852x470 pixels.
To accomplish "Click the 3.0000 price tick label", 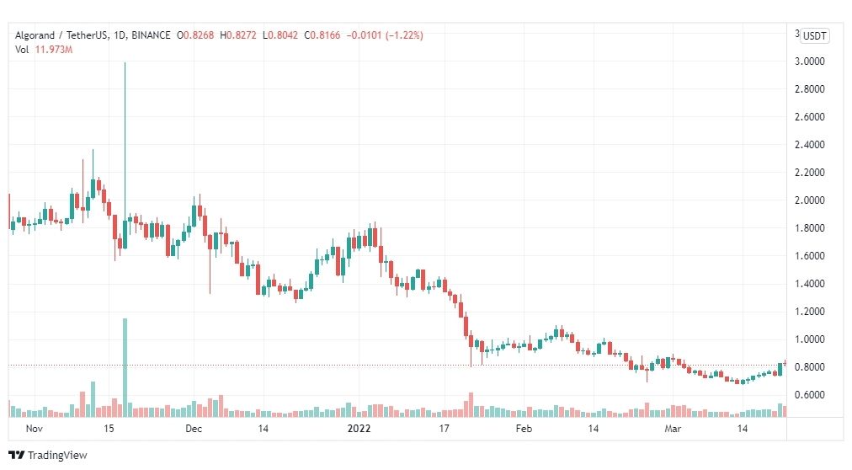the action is coord(810,61).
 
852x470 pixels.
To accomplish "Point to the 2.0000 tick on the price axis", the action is coord(810,200).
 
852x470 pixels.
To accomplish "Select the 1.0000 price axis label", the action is coord(810,339).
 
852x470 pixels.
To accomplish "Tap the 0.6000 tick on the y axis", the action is coord(810,395).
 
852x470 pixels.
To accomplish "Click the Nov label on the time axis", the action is coord(35,429).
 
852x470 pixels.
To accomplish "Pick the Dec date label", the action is coord(194,429).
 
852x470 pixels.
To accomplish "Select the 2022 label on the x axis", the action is coord(359,429).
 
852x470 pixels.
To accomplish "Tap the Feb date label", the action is coord(524,429).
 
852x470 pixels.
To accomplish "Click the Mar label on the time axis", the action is coord(673,429).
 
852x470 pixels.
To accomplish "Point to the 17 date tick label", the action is coord(445,429).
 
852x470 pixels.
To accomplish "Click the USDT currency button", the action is coord(814,36).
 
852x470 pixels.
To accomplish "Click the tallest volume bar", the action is coord(125,368).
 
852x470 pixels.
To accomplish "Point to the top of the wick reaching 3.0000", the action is coord(125,63).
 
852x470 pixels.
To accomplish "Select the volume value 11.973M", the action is coord(54,50).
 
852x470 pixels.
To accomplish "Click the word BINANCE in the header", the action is coord(151,35).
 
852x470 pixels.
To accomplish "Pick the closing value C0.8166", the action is coord(322,35).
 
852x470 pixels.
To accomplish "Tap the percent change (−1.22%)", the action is coord(404,35).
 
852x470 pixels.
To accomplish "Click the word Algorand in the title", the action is coord(35,36).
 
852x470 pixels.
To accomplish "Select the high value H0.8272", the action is coord(238,35).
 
